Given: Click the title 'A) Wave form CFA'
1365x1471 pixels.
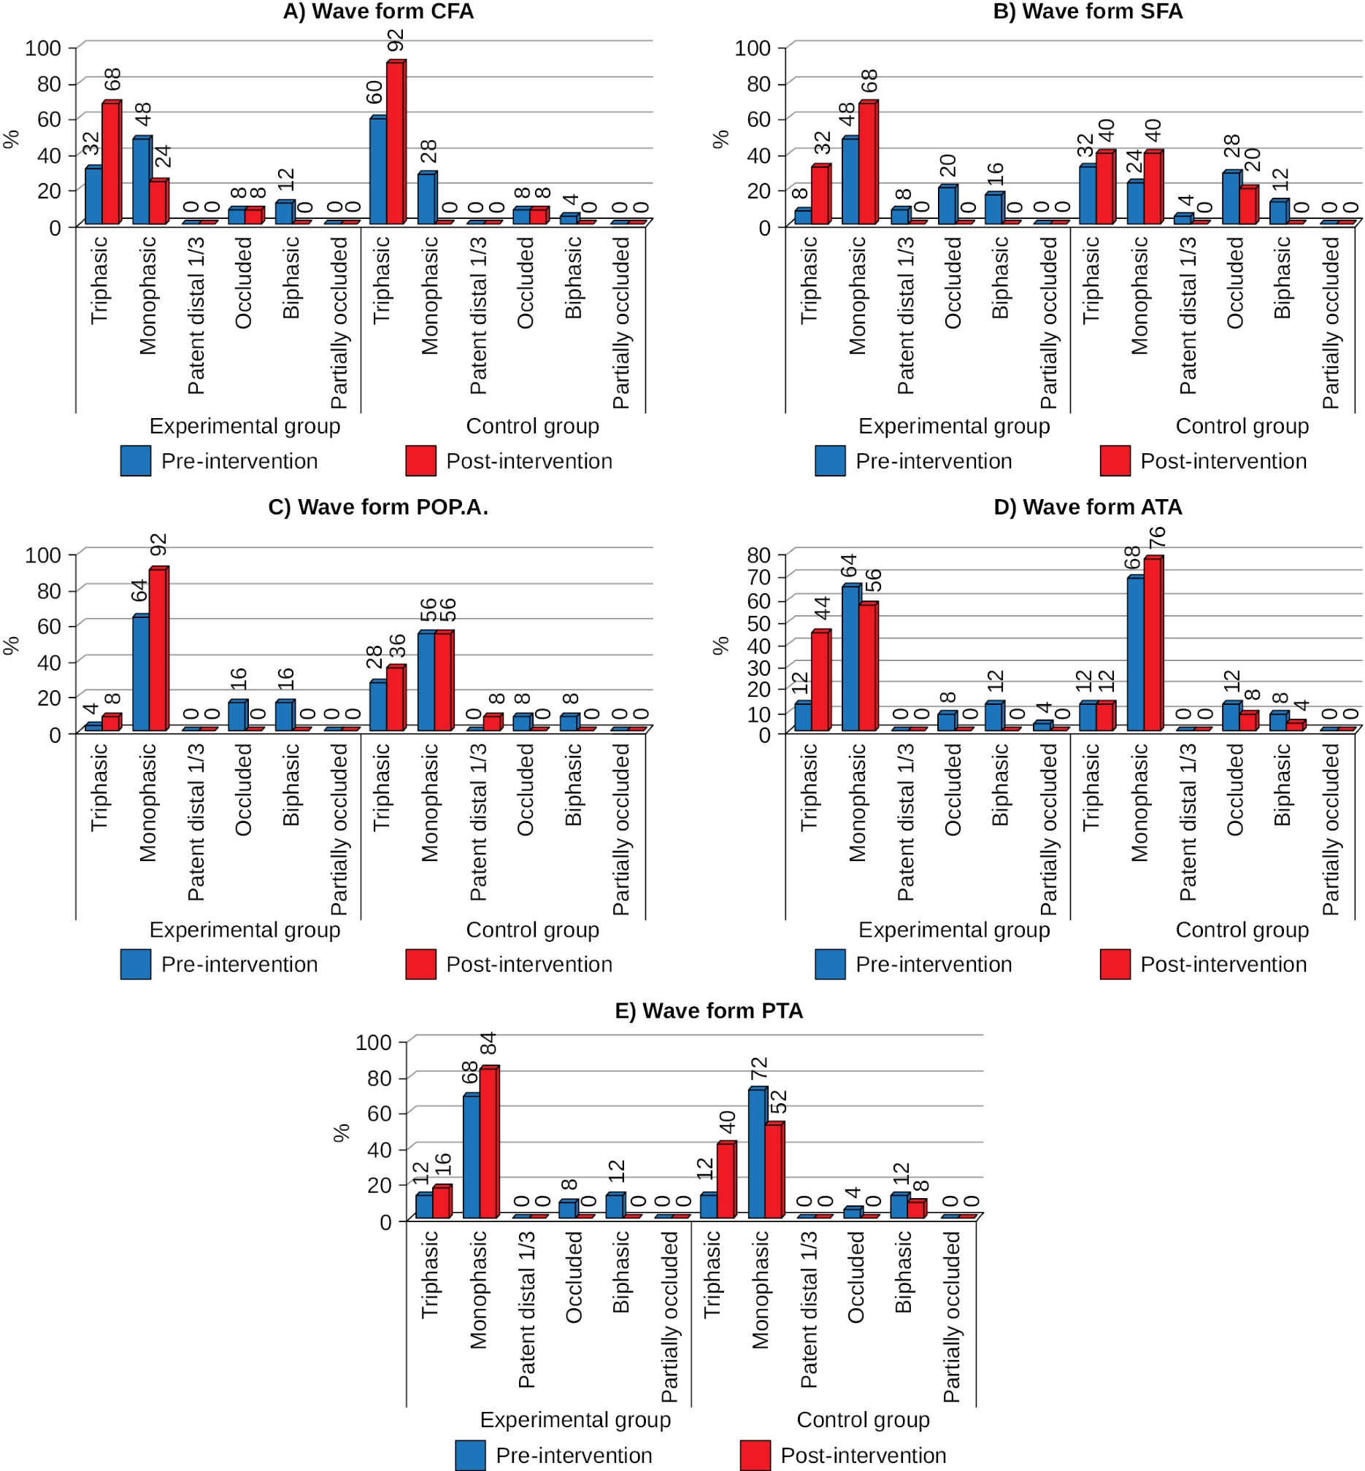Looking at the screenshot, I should point(378,12).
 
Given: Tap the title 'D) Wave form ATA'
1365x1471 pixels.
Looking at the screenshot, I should point(1088,507).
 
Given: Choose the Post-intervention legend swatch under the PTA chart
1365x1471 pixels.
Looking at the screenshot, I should point(755,1455).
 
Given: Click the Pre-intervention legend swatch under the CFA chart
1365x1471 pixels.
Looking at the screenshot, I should point(136,461).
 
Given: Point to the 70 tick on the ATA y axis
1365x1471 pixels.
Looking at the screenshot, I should point(759,576).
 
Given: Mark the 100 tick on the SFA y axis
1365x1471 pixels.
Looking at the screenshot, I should point(752,48).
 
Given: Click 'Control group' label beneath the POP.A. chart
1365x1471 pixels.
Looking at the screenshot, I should point(532,930).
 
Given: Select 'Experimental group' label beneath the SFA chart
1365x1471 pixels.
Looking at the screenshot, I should point(953,426).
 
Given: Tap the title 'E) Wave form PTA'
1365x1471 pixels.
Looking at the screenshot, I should point(708,1010).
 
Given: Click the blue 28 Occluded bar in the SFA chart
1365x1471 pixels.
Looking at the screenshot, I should point(1231,197).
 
